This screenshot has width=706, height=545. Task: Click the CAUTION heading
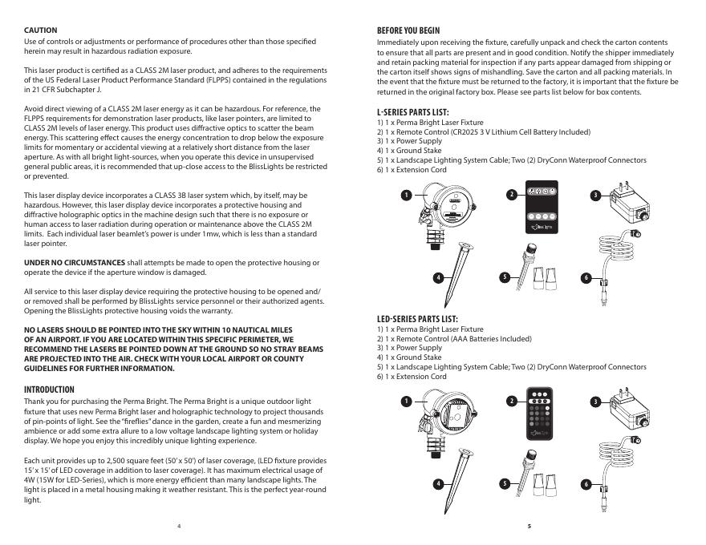pyautogui.click(x=40, y=30)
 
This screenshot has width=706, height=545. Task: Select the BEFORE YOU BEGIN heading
pyautogui.click(x=409, y=30)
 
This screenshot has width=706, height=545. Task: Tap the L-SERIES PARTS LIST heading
pyautogui.click(x=412, y=111)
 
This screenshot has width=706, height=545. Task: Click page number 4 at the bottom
pyautogui.click(x=179, y=526)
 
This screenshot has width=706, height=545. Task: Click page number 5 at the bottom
pyautogui.click(x=529, y=526)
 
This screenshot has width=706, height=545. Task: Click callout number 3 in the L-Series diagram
pyautogui.click(x=595, y=195)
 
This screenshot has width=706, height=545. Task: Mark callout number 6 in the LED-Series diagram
pyautogui.click(x=586, y=485)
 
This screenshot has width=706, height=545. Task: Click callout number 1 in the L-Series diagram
pyautogui.click(x=407, y=195)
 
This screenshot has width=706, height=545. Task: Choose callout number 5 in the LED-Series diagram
pyautogui.click(x=504, y=483)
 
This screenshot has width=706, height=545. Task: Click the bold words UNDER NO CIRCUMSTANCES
pyautogui.click(x=75, y=263)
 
